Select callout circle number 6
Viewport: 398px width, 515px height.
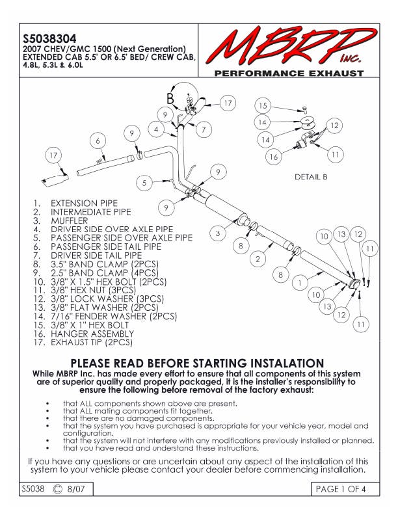click(x=98, y=141)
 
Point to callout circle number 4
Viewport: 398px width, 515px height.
click(x=155, y=129)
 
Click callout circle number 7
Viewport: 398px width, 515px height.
click(x=204, y=130)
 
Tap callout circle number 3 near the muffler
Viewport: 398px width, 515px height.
click(x=219, y=233)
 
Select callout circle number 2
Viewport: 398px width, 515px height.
click(x=257, y=259)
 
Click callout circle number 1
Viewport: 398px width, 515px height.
click(x=299, y=283)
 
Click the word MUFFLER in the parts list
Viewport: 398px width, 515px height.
click(x=70, y=220)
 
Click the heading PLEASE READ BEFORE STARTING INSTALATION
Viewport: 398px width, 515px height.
click(x=196, y=363)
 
